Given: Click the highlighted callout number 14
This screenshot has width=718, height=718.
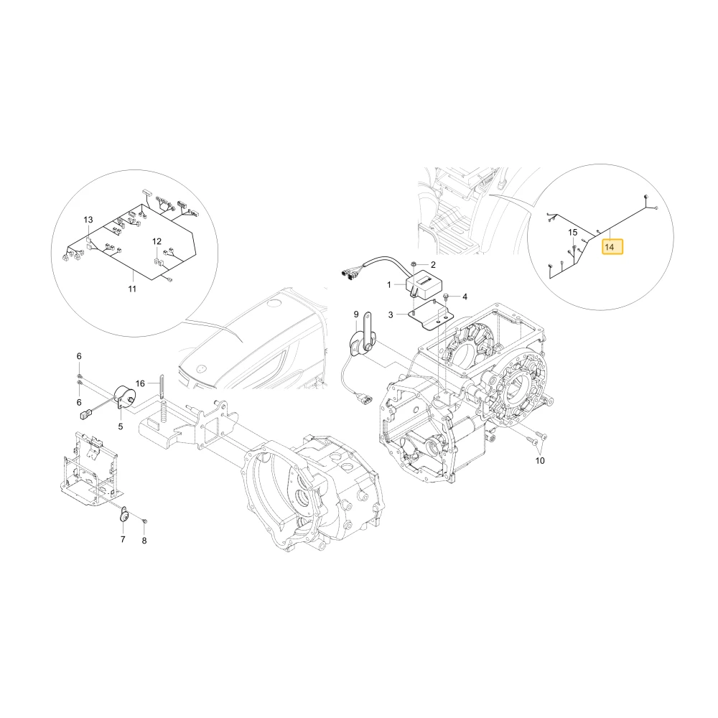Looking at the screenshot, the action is (x=612, y=247).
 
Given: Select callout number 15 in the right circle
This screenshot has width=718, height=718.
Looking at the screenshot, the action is (x=573, y=233).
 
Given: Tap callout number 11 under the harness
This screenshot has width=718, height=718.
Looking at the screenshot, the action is (x=132, y=289).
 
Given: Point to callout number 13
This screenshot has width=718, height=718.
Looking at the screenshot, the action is (x=88, y=220).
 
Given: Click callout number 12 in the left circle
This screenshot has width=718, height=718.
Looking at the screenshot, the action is (x=157, y=241).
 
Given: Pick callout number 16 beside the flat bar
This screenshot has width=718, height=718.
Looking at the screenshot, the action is (x=140, y=383).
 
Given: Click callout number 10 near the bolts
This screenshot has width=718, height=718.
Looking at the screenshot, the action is (x=540, y=460).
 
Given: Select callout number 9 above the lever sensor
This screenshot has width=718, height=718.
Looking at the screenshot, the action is (x=356, y=314).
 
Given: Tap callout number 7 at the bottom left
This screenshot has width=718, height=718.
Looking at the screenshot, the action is (x=123, y=539).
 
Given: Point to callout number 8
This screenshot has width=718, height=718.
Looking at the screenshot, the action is (x=144, y=541).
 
